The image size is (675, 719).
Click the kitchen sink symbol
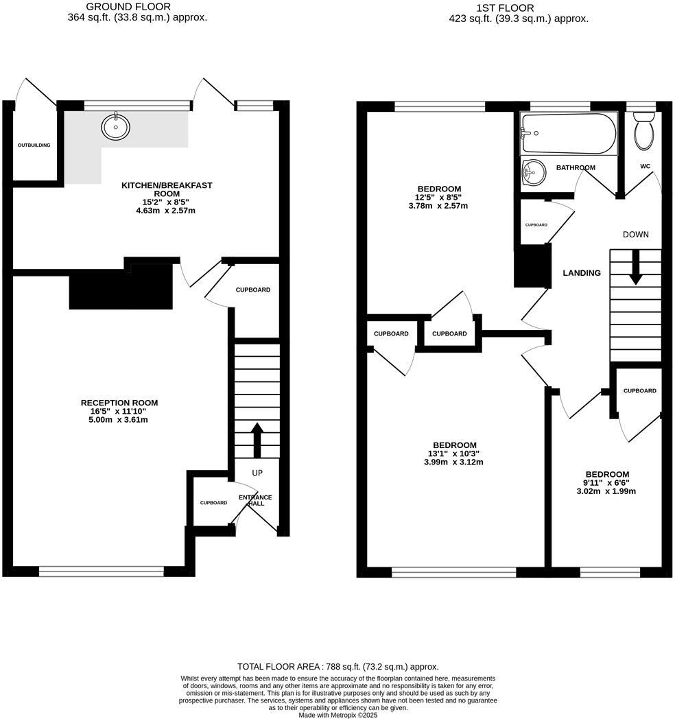tap(116, 126)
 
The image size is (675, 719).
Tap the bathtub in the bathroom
tap(569, 133)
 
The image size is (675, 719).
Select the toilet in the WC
tap(644, 132)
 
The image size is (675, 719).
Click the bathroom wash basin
tap(533, 172)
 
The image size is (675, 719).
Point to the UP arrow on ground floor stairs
tap(257, 440)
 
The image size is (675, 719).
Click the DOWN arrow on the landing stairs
tap(635, 268)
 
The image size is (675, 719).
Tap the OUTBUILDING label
tap(34, 145)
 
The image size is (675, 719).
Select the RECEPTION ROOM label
tap(119, 403)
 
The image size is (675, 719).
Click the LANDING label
tap(582, 273)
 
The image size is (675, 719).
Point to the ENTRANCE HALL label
tap(255, 500)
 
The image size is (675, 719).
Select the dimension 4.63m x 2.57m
tap(166, 211)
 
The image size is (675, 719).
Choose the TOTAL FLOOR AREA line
tap(337, 666)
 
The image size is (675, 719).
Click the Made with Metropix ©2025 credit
tap(337, 714)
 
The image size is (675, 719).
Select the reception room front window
tap(101, 571)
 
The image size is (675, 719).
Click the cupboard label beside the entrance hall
tap(213, 503)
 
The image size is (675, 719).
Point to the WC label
tap(644, 166)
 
